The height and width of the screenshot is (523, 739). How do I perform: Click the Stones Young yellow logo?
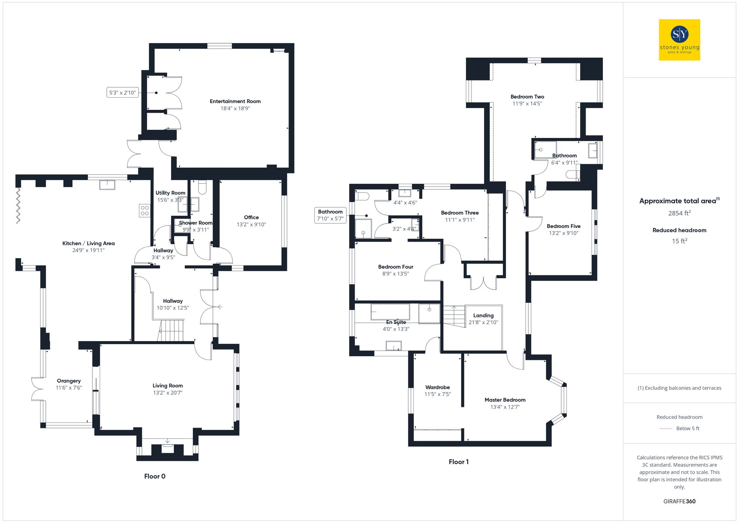tap(679, 40)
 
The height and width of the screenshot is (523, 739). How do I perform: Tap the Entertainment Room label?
tap(235, 101)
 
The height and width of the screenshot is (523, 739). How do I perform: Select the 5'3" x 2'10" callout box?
tap(122, 92)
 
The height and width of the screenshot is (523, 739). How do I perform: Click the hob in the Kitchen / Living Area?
tap(144, 211)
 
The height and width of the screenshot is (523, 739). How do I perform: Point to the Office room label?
tap(251, 217)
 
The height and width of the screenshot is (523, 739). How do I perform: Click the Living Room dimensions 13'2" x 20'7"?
tap(167, 393)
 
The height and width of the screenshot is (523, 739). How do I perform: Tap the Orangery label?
tap(69, 381)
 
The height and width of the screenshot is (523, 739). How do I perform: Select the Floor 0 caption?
tap(155, 476)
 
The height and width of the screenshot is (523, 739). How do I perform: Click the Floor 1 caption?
tap(459, 462)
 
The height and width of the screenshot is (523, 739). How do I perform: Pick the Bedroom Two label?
tap(527, 97)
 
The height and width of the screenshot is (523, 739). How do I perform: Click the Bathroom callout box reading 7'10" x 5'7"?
tap(330, 215)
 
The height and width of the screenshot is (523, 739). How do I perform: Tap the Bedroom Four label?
tap(395, 267)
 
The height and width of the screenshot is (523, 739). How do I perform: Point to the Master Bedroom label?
tap(505, 400)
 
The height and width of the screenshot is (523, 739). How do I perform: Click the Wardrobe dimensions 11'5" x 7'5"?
tap(437, 394)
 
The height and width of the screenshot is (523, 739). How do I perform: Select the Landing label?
tap(483, 315)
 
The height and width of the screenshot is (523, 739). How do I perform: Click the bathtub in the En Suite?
tap(390, 312)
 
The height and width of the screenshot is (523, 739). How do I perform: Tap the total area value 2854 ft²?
tap(679, 213)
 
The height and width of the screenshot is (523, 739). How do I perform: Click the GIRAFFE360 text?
tap(679, 501)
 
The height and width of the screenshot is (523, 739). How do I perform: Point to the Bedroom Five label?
tap(563, 226)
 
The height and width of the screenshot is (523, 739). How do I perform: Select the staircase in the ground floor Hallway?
tap(171, 330)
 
